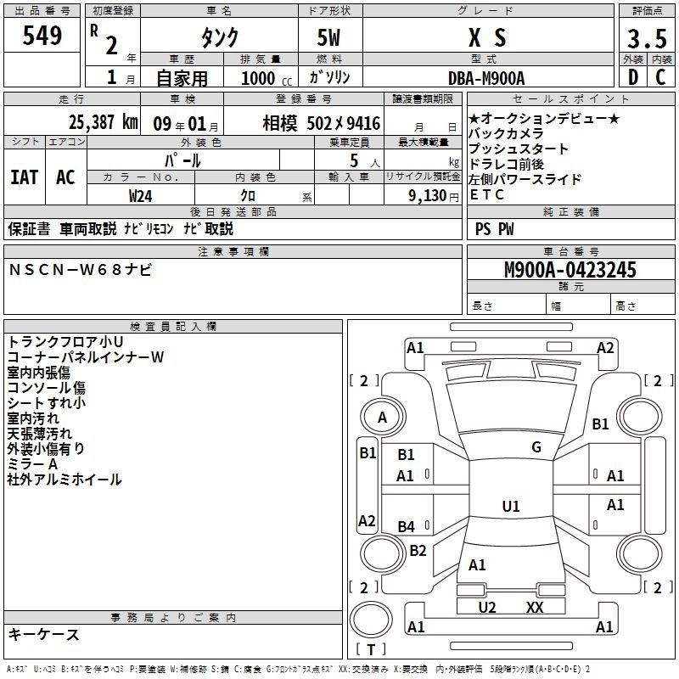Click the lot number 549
coord(43,36)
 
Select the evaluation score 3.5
coord(645,39)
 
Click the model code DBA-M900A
coord(486,78)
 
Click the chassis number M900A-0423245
coord(570,271)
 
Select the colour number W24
coord(141,195)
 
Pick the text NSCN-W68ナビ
coord(81,270)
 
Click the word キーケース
coord(43,635)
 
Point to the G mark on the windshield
coord(536,447)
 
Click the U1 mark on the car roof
coord(510,507)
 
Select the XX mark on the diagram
coord(534,607)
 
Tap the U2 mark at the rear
coord(486,607)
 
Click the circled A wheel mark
coord(382,418)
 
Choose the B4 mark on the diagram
coord(407,527)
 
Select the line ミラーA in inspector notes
coord(33,464)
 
